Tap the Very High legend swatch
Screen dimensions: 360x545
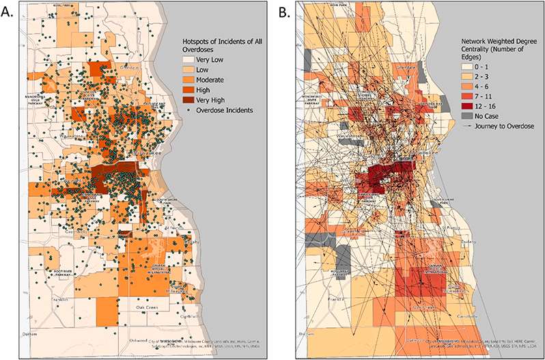(x=183, y=99)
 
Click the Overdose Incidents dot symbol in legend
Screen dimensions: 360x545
(x=183, y=109)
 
